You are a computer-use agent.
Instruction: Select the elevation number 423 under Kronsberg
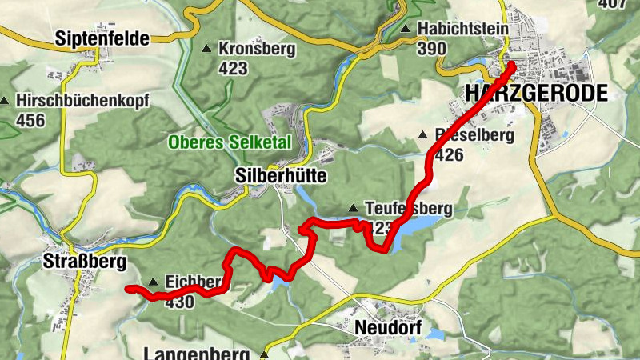(233, 68)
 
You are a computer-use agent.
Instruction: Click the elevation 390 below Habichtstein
(432, 48)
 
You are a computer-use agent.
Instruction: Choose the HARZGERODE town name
(535, 94)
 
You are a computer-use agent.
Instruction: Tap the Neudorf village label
(386, 328)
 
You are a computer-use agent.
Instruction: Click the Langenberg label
(200, 353)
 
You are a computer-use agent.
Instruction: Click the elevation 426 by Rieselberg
(449, 155)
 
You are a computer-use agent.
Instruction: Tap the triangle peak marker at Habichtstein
(406, 30)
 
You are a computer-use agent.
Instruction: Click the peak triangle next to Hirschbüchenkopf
(5, 102)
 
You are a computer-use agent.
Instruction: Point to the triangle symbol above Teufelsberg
(353, 209)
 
